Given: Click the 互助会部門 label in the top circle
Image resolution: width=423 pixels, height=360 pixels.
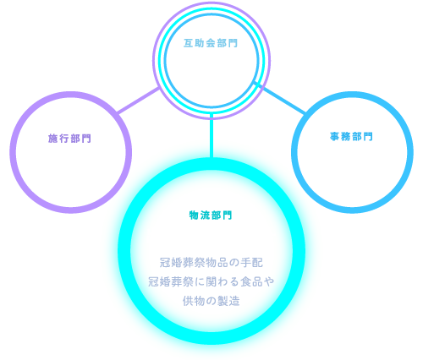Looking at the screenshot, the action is point(211,43).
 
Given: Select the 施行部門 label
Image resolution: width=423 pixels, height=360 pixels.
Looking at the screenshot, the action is point(69,139).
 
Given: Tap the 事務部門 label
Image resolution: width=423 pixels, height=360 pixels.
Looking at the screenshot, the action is point(351,137).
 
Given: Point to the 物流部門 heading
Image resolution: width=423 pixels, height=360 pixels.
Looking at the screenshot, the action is point(211,215).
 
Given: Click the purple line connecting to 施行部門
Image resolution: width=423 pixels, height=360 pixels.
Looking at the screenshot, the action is point(139,101).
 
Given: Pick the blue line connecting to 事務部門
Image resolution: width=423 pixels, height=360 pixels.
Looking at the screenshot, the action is point(278,97).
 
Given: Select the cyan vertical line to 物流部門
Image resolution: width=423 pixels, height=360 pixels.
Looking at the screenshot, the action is point(211,136).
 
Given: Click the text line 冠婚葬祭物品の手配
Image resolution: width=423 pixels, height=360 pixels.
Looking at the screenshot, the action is point(211,262).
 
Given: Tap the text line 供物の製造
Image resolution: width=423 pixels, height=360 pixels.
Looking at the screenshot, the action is point(211,301).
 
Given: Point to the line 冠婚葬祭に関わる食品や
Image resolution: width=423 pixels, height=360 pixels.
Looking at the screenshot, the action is point(211,281).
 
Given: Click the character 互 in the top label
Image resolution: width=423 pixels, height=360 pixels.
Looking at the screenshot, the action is point(189,43).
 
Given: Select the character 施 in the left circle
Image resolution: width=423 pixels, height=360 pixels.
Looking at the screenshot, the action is point(52,139).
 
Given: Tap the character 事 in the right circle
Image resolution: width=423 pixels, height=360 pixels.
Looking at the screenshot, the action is point(334,137).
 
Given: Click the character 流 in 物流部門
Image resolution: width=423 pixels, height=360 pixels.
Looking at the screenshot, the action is point(205,215).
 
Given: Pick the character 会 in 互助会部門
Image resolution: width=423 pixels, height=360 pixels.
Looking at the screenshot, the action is point(211,43).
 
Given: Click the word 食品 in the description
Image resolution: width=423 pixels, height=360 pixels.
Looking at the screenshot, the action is point(251,281).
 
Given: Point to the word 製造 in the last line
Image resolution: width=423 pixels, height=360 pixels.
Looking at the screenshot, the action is point(228,301).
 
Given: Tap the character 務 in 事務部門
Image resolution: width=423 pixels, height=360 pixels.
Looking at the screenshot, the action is point(346,137).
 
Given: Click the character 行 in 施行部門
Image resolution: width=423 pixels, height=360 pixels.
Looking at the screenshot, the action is point(64,139).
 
